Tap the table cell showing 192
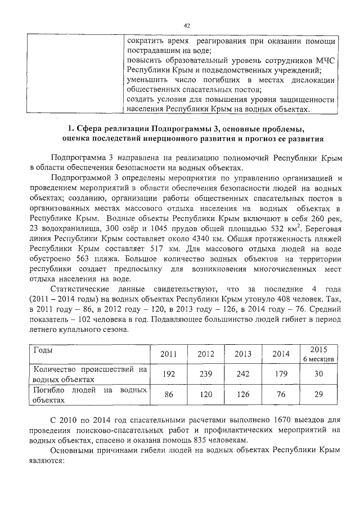click(169, 374)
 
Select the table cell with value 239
click(206, 374)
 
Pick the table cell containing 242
click(242, 374)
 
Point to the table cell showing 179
click(280, 374)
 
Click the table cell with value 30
click(318, 374)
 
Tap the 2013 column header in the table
click(242, 354)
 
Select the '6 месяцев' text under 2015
click(319, 358)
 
